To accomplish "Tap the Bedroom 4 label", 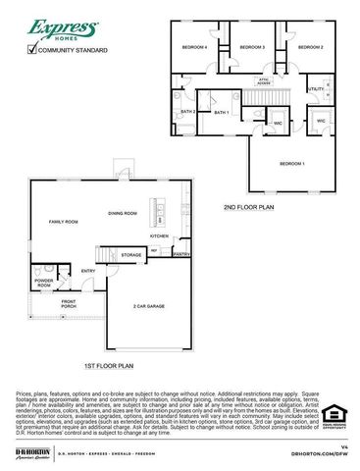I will coord(194,47).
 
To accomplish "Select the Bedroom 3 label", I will coord(252,47).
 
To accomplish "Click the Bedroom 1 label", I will coord(291,163).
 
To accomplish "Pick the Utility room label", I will coord(316,89).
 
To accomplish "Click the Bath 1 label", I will coord(221,113).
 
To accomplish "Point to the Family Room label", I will coord(64,223).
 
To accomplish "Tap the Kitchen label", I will coord(159,236).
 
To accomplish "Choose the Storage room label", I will coord(131,255).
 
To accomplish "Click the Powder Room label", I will coord(44,283).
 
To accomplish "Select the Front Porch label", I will coord(69,304).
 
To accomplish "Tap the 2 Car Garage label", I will coord(148,306).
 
